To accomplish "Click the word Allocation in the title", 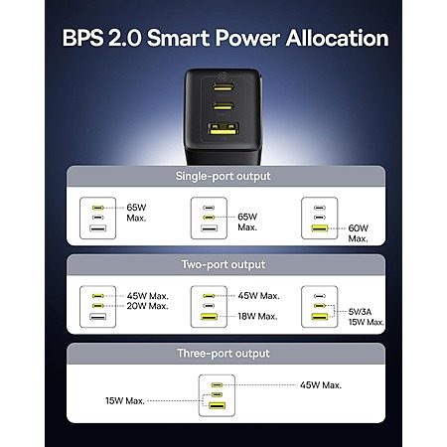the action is point(337,38).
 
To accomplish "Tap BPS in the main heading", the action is point(82,38).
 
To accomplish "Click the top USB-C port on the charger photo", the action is point(223,87).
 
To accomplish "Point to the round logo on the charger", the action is point(222,75).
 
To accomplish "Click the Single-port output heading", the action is point(223,176).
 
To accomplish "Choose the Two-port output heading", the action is point(223,264).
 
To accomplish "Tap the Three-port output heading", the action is point(223,354).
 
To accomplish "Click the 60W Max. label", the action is point(358,233).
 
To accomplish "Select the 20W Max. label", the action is point(147,306).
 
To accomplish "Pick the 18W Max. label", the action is point(257,316).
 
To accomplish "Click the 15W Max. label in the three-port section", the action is point(125,400).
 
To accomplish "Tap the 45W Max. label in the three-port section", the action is point(321,385).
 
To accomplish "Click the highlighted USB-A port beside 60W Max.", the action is point(320,228).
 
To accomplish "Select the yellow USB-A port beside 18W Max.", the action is point(209,317).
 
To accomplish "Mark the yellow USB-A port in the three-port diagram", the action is point(217,405).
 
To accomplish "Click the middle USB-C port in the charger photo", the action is point(223,106).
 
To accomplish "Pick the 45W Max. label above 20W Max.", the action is point(147,296).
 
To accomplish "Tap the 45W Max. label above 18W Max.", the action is point(258,295).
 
